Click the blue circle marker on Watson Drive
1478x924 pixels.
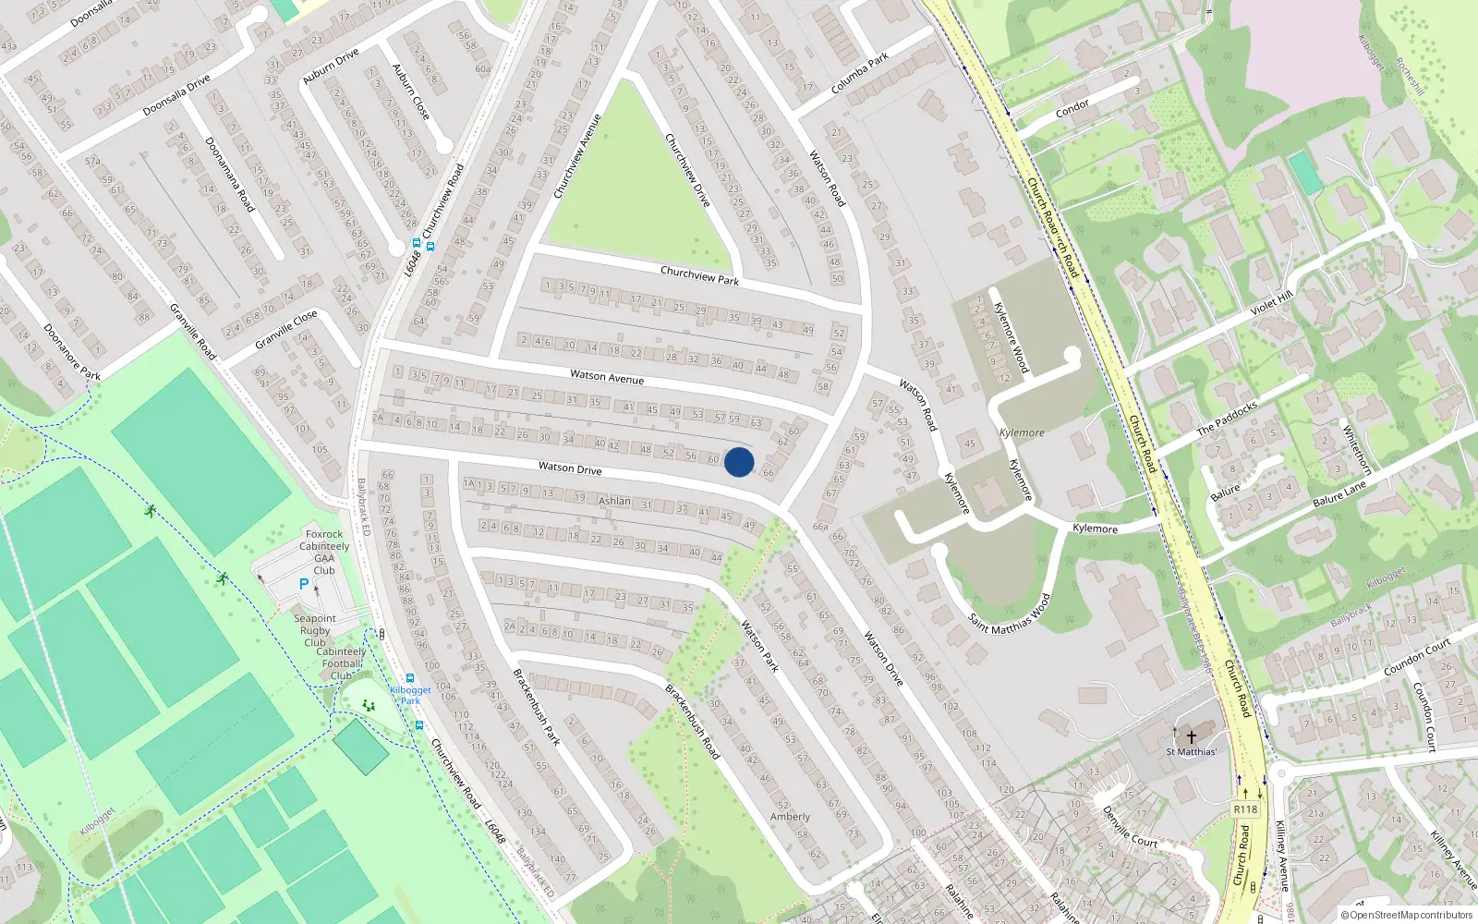pyautogui.click(x=739, y=462)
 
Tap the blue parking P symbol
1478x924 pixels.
pyautogui.click(x=304, y=584)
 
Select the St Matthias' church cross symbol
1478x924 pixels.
pyautogui.click(x=1192, y=736)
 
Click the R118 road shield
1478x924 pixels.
pyautogui.click(x=1245, y=809)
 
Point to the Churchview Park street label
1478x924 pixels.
pyautogui.click(x=699, y=275)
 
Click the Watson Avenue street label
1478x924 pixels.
pyautogui.click(x=607, y=376)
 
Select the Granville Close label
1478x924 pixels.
pyautogui.click(x=285, y=329)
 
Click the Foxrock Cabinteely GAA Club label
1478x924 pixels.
pyautogui.click(x=324, y=552)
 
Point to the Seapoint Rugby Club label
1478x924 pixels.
pyautogui.click(x=315, y=630)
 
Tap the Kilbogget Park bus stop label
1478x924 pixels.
pyautogui.click(x=410, y=695)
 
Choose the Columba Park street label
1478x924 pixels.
pyautogui.click(x=859, y=73)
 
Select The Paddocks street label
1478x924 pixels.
pyautogui.click(x=1227, y=418)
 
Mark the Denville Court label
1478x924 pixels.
pyautogui.click(x=1130, y=827)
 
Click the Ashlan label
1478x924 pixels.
pyautogui.click(x=614, y=501)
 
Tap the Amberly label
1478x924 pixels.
pyautogui.click(x=790, y=817)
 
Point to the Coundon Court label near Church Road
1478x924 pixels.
pyautogui.click(x=1417, y=657)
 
